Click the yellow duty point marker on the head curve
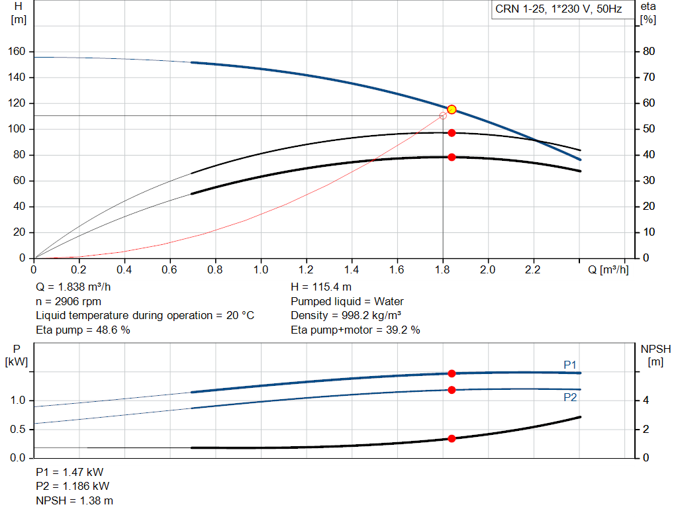pyautogui.click(x=452, y=109)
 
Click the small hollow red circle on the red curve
pyautogui.click(x=443, y=116)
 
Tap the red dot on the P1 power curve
pyautogui.click(x=452, y=373)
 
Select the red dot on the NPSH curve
pyautogui.click(x=452, y=438)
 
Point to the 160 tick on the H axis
pyautogui.click(x=19, y=52)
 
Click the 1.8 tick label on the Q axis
pyautogui.click(x=442, y=270)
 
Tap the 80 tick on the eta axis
pyautogui.click(x=649, y=52)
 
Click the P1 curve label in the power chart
pyautogui.click(x=570, y=365)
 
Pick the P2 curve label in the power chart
pyautogui.click(x=570, y=397)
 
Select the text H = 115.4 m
pyautogui.click(x=321, y=288)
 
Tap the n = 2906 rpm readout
pyautogui.click(x=69, y=302)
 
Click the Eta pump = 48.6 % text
pyautogui.click(x=83, y=330)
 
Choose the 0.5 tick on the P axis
pyautogui.click(x=18, y=430)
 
